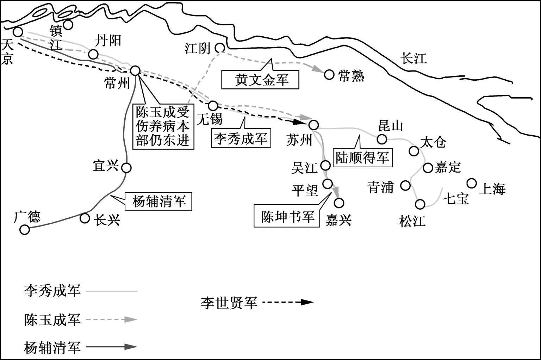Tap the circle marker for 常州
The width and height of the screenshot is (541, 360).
[x=135, y=70]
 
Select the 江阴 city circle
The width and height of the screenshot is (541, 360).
[x=220, y=48]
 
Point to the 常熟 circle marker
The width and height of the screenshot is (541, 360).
[x=329, y=75]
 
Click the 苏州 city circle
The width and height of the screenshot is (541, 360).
[x=313, y=125]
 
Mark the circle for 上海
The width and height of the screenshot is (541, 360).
[x=472, y=183]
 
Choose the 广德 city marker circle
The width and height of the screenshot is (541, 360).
[x=25, y=230]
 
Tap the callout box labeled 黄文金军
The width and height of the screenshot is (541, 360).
[x=260, y=80]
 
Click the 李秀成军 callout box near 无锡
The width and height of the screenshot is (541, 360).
[x=241, y=138]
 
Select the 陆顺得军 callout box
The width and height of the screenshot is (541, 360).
[x=362, y=157]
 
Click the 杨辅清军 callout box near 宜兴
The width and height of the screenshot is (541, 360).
[x=159, y=201]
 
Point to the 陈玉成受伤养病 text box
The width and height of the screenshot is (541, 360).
[x=163, y=126]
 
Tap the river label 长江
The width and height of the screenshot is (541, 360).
[x=414, y=58]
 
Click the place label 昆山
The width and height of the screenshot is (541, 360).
[x=390, y=125]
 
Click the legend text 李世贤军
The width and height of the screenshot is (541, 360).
[x=229, y=303]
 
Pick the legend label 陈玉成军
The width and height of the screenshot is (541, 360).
[x=52, y=320]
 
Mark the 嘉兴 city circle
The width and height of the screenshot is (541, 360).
[x=339, y=203]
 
